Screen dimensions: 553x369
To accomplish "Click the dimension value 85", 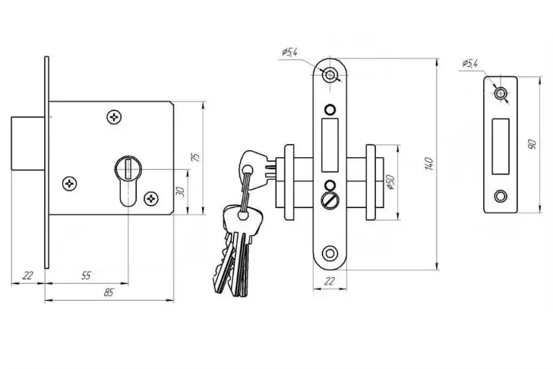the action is pyautogui.click(x=109, y=292).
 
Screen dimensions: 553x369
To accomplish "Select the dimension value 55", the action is pyautogui.click(x=86, y=276).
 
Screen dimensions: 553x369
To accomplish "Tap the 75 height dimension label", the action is pyautogui.click(x=195, y=157).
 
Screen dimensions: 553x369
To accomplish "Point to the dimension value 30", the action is pyautogui.click(x=180, y=192).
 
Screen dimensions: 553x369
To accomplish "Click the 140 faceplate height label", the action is pyautogui.click(x=429, y=164).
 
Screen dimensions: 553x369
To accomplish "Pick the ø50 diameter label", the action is pyautogui.click(x=390, y=182).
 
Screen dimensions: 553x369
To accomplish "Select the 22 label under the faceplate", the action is pyautogui.click(x=329, y=281).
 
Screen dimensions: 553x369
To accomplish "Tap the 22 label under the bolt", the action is pyautogui.click(x=27, y=276).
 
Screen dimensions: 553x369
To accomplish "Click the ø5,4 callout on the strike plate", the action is pyautogui.click(x=469, y=64).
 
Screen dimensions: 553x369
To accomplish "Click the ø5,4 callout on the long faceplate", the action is pyautogui.click(x=290, y=52).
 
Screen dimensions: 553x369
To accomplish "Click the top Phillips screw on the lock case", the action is pyautogui.click(x=114, y=117).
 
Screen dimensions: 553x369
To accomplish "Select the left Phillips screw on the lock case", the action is pyautogui.click(x=69, y=184).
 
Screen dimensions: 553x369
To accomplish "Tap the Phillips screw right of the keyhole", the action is pyautogui.click(x=151, y=199).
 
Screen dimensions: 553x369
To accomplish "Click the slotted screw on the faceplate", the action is pyautogui.click(x=330, y=200).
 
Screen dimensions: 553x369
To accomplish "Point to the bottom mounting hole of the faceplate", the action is pyautogui.click(x=330, y=253).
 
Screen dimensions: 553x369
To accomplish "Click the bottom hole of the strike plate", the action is pyautogui.click(x=501, y=196).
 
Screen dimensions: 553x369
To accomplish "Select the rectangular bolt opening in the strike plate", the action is pyautogui.click(x=501, y=147).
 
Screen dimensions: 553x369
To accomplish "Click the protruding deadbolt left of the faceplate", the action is pyautogui.click(x=28, y=143).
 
